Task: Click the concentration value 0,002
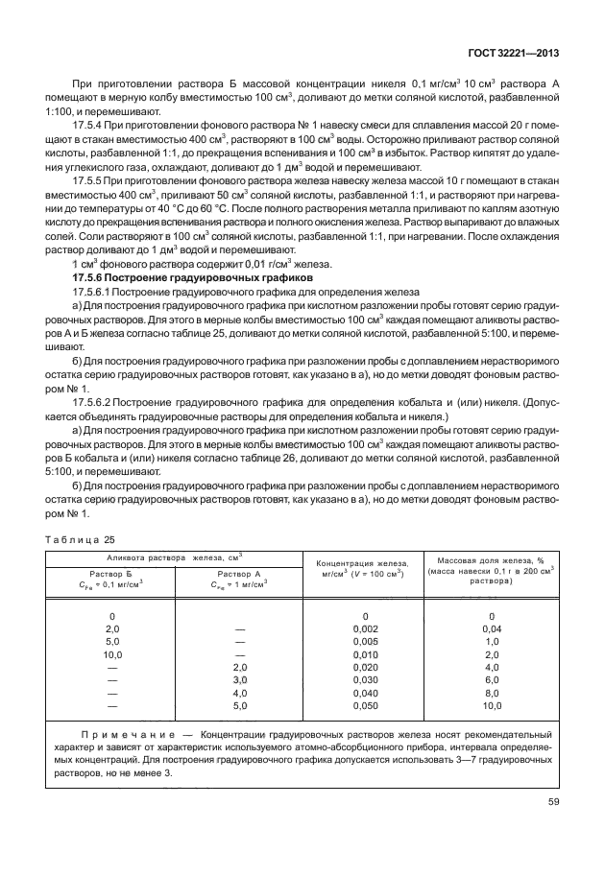click(365, 628)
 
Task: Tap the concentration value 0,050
click(365, 705)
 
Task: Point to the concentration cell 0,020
click(365, 667)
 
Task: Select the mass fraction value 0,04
click(491, 628)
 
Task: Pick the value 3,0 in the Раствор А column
click(240, 679)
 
